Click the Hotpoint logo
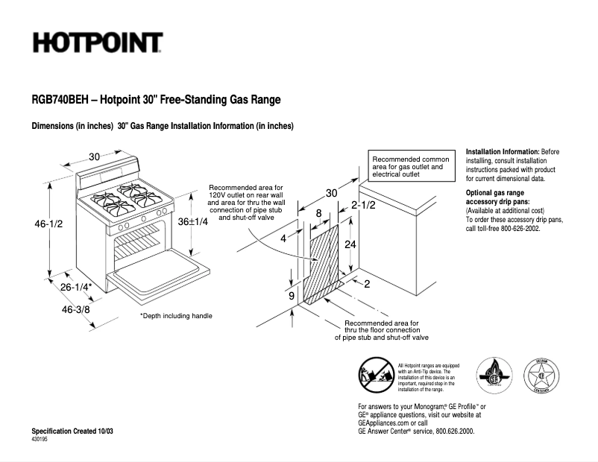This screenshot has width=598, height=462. coord(97,42)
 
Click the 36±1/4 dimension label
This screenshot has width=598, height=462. coord(192,221)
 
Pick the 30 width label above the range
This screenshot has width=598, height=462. coord(95,156)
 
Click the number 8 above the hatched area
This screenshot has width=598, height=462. coord(319,214)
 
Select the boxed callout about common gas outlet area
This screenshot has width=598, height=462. coord(411,168)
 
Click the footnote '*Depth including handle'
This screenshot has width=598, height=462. coord(176,316)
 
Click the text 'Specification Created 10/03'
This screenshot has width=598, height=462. coord(72,432)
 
